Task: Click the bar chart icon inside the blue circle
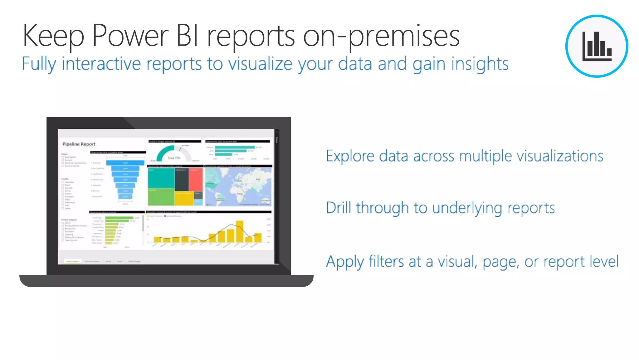(597, 47)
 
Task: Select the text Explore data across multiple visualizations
(464, 156)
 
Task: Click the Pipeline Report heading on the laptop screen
(79, 144)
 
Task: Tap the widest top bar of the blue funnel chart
(125, 163)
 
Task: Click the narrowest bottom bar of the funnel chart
(125, 196)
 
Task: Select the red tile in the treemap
(196, 180)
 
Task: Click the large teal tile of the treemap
(161, 178)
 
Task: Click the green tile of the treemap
(161, 197)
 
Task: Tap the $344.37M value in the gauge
(174, 158)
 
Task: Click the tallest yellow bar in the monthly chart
(240, 231)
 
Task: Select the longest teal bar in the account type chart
(235, 147)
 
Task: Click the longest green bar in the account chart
(119, 218)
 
